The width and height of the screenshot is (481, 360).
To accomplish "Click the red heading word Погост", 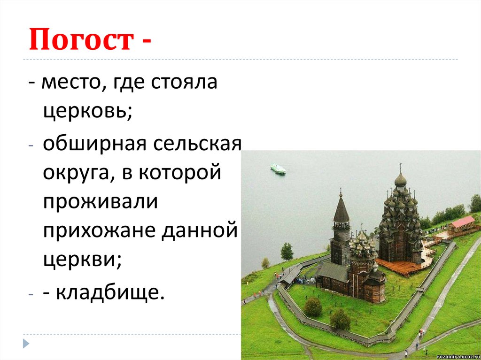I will [79, 41].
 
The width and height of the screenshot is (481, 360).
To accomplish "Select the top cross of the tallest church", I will [400, 167].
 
